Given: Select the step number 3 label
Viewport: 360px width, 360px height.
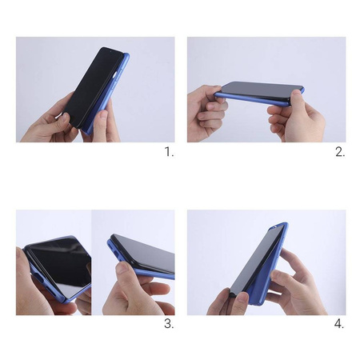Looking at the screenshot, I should tap(169, 323).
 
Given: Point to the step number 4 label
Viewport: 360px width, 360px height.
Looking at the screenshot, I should tap(340, 323).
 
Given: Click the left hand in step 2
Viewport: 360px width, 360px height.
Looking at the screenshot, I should tap(206, 112).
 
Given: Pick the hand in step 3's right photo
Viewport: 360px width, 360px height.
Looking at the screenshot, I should tap(134, 292).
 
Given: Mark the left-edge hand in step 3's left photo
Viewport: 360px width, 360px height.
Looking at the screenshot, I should tap(26, 284).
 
